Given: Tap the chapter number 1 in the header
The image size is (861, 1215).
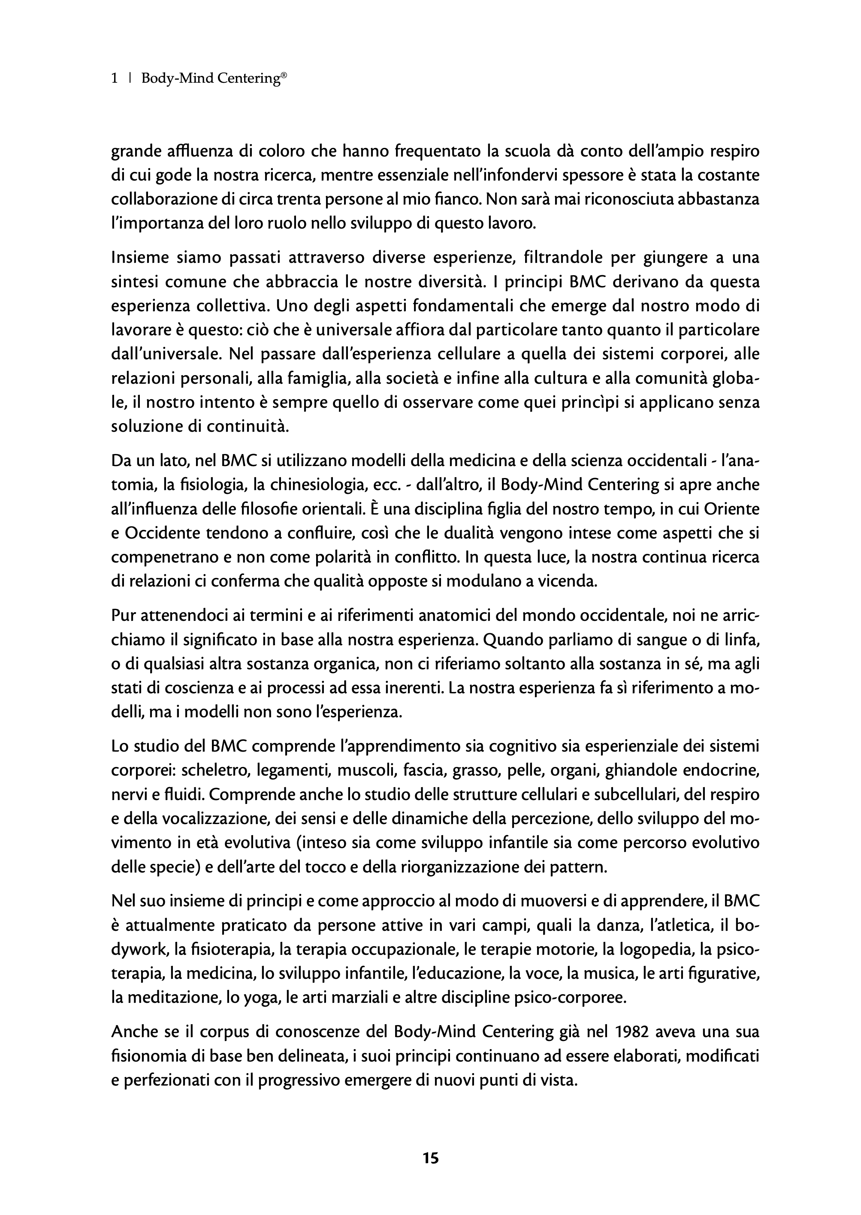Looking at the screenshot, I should tap(115, 78).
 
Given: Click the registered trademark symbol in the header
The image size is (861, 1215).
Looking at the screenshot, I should tap(284, 75).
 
